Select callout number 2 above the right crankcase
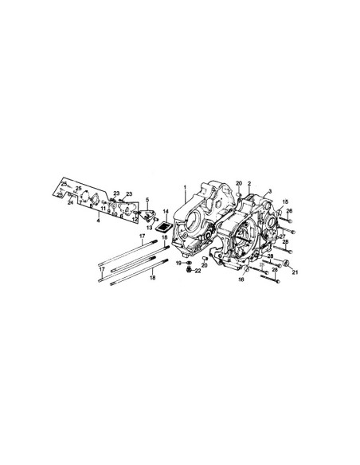[248, 184]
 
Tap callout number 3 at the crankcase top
[269, 192]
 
